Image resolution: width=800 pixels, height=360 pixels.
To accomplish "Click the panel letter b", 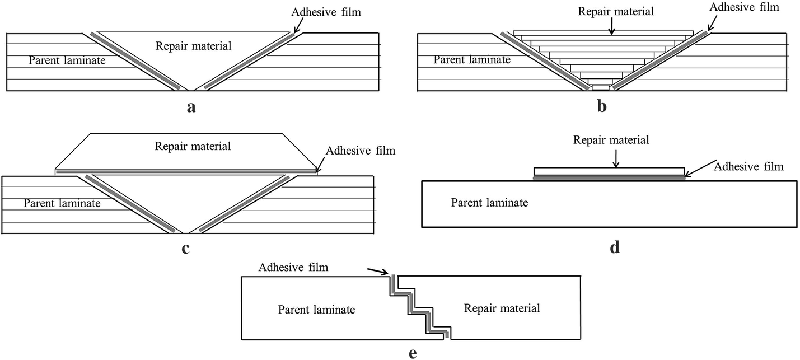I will [602, 106].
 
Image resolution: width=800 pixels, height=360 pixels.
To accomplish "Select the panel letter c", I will [185, 249].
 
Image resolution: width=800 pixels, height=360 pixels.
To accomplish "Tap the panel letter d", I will [615, 247].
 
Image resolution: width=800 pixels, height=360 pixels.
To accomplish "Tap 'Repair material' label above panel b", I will [612, 11].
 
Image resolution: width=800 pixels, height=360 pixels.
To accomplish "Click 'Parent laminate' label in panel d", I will [490, 203].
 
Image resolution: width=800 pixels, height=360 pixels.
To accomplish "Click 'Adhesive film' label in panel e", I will [293, 268].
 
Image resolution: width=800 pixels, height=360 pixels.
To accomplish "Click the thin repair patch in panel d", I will [609, 171].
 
